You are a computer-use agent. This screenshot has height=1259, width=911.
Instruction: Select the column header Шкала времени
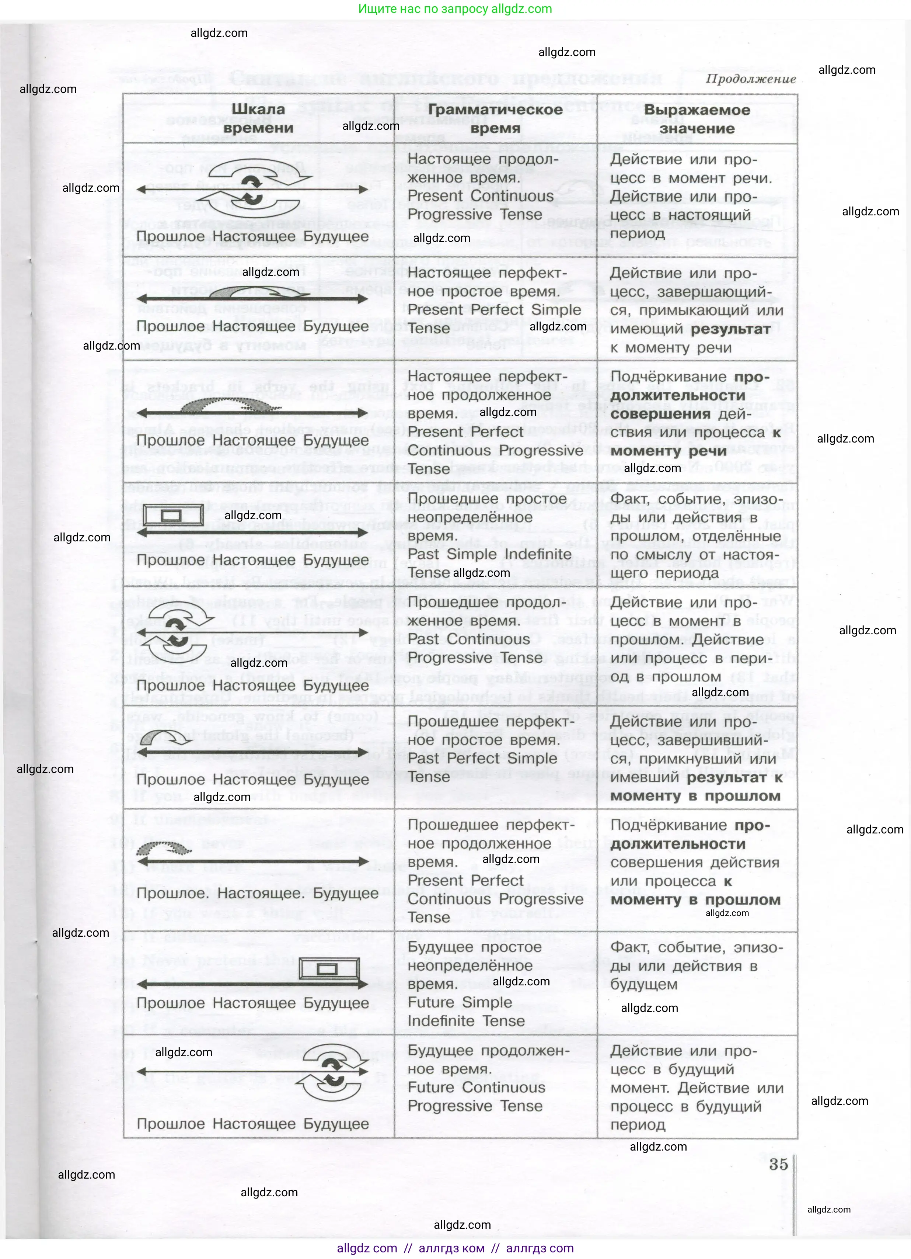(258, 118)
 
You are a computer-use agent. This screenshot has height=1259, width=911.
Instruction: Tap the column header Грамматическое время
(495, 118)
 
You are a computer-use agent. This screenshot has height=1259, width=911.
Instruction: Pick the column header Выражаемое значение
(697, 119)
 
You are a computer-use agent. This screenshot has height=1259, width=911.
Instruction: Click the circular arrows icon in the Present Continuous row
(253, 189)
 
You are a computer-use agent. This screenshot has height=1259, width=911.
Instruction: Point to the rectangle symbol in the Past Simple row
(173, 516)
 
